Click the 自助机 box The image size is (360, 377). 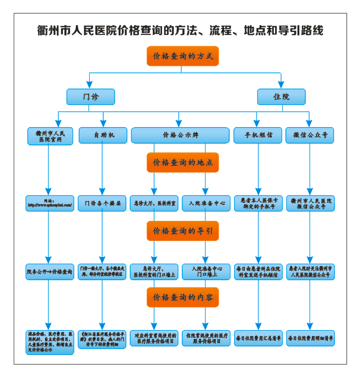(x=102, y=135)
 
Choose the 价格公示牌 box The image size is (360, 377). (x=181, y=135)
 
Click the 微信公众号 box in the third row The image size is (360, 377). (x=310, y=135)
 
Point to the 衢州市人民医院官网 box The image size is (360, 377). (x=50, y=135)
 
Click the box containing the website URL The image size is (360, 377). (x=50, y=203)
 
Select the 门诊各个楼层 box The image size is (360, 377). (x=102, y=203)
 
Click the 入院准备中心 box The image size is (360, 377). (x=206, y=203)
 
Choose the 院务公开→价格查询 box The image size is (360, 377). (x=50, y=271)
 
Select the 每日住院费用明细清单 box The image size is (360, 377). (x=310, y=338)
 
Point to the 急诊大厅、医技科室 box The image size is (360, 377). (x=154, y=203)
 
